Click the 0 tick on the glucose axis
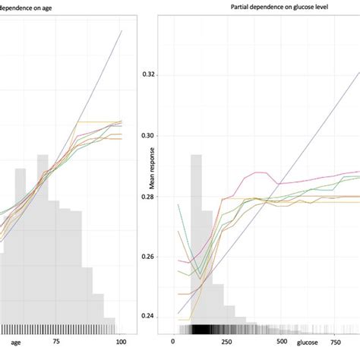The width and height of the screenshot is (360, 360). tap(174, 343)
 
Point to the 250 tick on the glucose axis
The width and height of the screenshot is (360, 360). tap(226, 343)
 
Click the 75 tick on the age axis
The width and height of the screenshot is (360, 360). tap(56, 343)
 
